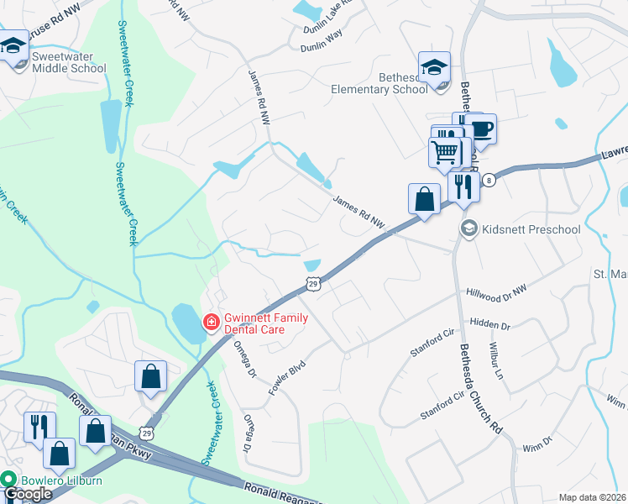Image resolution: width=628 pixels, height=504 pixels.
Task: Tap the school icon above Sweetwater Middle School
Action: click(x=14, y=47)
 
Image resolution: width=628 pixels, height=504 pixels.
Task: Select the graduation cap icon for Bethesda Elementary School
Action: click(x=434, y=67)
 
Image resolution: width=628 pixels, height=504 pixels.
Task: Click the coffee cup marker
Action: click(x=480, y=129)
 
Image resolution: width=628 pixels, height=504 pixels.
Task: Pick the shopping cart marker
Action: click(x=445, y=152)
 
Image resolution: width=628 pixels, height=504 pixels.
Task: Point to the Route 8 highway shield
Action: click(x=489, y=181)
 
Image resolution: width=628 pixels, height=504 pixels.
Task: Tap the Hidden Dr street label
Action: click(x=490, y=323)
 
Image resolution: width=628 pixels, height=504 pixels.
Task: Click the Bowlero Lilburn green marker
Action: click(x=9, y=480)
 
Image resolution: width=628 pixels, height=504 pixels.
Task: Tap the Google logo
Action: click(x=27, y=495)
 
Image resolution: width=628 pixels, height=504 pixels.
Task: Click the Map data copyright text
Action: click(x=592, y=497)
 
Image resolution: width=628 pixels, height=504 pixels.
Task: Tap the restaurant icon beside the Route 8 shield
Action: click(x=463, y=186)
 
